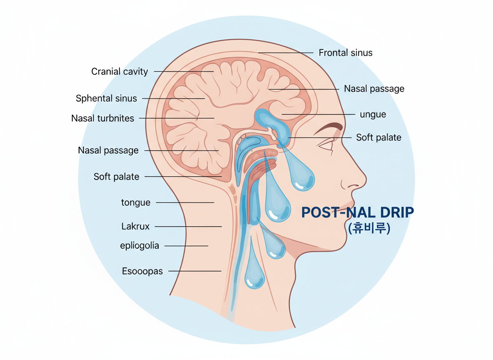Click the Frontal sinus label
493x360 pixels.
(345, 53)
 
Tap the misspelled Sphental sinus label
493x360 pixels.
(106, 99)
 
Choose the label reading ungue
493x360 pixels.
(373, 114)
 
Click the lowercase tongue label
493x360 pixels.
(136, 202)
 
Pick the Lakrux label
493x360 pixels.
(135, 227)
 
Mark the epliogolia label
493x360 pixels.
(139, 246)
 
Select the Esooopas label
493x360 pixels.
(142, 271)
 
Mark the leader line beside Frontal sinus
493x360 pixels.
(285, 53)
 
